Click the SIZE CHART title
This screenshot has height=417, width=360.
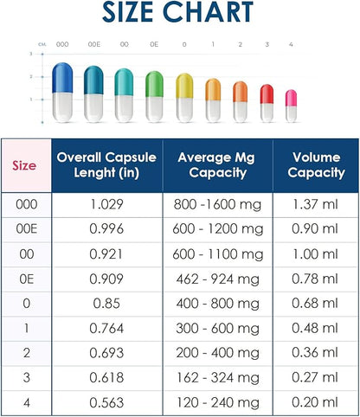[x=180, y=14]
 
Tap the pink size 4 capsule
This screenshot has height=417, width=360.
[x=291, y=104]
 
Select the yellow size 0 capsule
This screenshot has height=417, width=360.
[x=184, y=97]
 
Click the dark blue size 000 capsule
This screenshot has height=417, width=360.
[x=61, y=90]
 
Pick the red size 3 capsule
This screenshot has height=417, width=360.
[x=267, y=102]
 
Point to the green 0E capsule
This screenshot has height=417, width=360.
[x=154, y=95]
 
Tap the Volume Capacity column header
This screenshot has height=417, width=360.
[x=316, y=164]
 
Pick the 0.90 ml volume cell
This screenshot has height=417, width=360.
[x=316, y=228]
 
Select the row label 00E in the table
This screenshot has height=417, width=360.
[x=26, y=228]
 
